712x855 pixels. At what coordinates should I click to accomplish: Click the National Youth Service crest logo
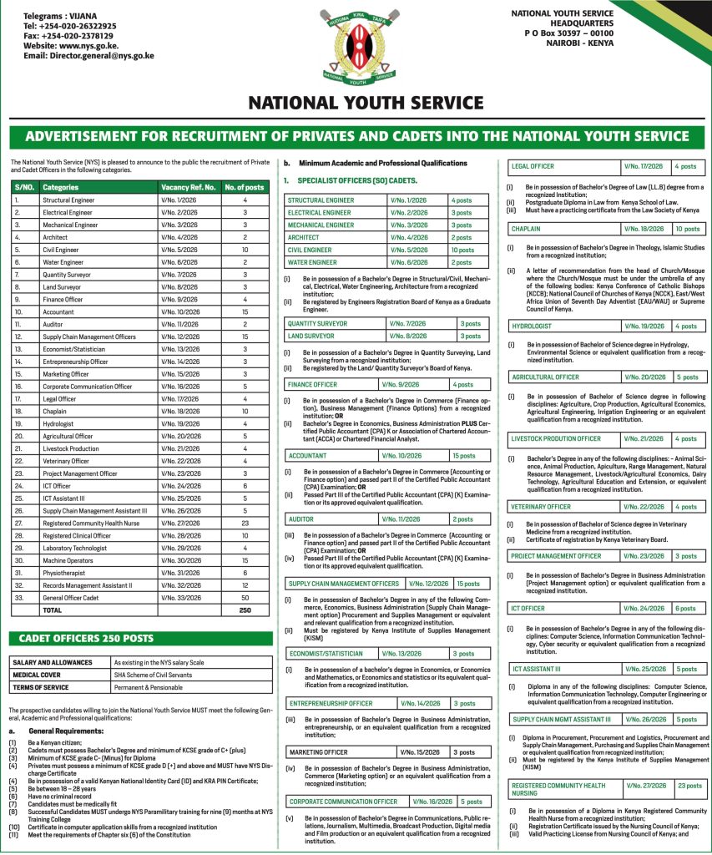coord(356,48)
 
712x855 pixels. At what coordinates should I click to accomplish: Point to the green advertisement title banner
coord(356,136)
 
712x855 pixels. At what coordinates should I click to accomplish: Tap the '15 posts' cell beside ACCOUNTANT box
coord(464,456)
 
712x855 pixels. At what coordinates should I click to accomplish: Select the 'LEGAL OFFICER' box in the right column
coord(533,167)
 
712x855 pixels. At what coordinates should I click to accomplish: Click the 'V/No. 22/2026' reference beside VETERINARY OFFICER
coord(646,507)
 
